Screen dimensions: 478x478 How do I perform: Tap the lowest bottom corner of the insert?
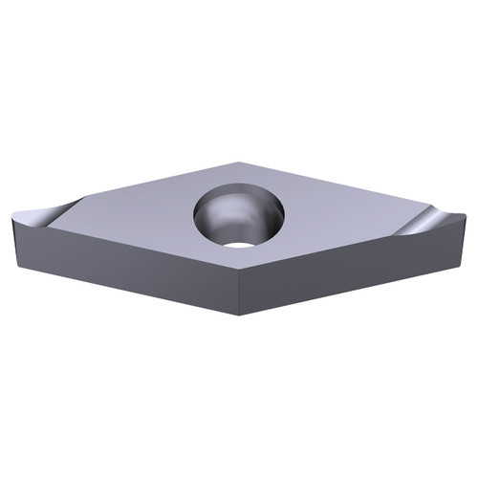pos(239,315)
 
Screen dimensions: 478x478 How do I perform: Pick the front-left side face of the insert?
pos(124,262)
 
